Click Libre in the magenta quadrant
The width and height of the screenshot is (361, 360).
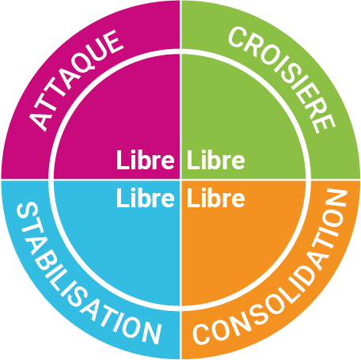(x=146, y=160)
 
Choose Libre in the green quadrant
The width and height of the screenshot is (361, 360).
(x=216, y=160)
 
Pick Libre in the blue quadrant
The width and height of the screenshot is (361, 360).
(x=146, y=198)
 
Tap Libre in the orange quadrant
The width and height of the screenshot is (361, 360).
(x=216, y=198)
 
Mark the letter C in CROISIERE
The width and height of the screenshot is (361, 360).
(x=237, y=38)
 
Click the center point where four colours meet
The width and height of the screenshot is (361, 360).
(x=180, y=180)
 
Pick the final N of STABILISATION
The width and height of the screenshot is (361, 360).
(x=151, y=333)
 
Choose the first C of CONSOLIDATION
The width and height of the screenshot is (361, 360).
(x=203, y=334)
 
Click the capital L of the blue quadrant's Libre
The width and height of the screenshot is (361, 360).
(x=123, y=198)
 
